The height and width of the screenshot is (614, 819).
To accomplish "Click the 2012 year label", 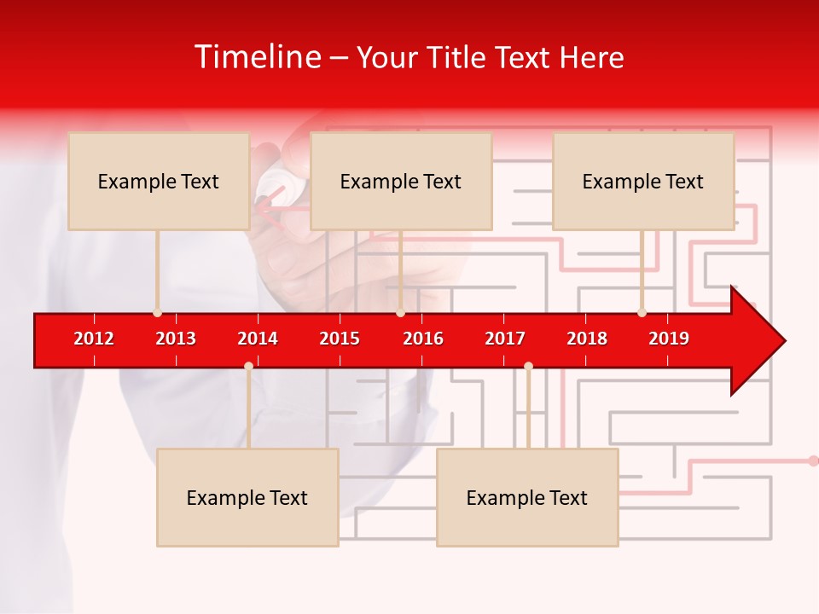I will (x=94, y=339).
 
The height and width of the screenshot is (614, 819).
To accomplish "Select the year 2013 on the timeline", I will (x=176, y=339).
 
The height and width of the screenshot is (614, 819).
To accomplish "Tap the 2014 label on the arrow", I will (x=258, y=339).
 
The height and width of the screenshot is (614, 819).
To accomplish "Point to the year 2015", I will (x=340, y=339).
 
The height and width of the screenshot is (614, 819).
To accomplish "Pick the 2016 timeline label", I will (x=423, y=339).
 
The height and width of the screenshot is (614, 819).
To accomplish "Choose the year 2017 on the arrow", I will (x=505, y=339).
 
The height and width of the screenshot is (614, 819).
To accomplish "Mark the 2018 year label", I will (x=587, y=339).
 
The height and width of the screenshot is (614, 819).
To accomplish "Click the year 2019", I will (x=669, y=339).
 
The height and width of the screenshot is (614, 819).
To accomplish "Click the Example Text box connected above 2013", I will (x=159, y=181).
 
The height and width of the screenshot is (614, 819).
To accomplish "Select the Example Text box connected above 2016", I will (x=401, y=181).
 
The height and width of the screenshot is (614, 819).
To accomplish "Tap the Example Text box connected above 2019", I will (x=643, y=181).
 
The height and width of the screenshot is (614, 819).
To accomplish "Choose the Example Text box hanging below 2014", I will (x=247, y=497).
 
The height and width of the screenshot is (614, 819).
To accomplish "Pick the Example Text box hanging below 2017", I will (x=527, y=497).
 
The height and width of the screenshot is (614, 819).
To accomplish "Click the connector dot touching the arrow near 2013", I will (x=157, y=312).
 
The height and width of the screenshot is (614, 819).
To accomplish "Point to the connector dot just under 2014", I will (x=248, y=366).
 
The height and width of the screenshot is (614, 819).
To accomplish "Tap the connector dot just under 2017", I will (x=528, y=366).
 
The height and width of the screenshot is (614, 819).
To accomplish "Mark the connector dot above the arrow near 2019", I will (x=642, y=312).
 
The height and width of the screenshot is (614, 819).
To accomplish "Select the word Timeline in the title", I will (x=257, y=57).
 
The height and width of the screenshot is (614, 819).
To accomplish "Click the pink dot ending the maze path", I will (x=813, y=460).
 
